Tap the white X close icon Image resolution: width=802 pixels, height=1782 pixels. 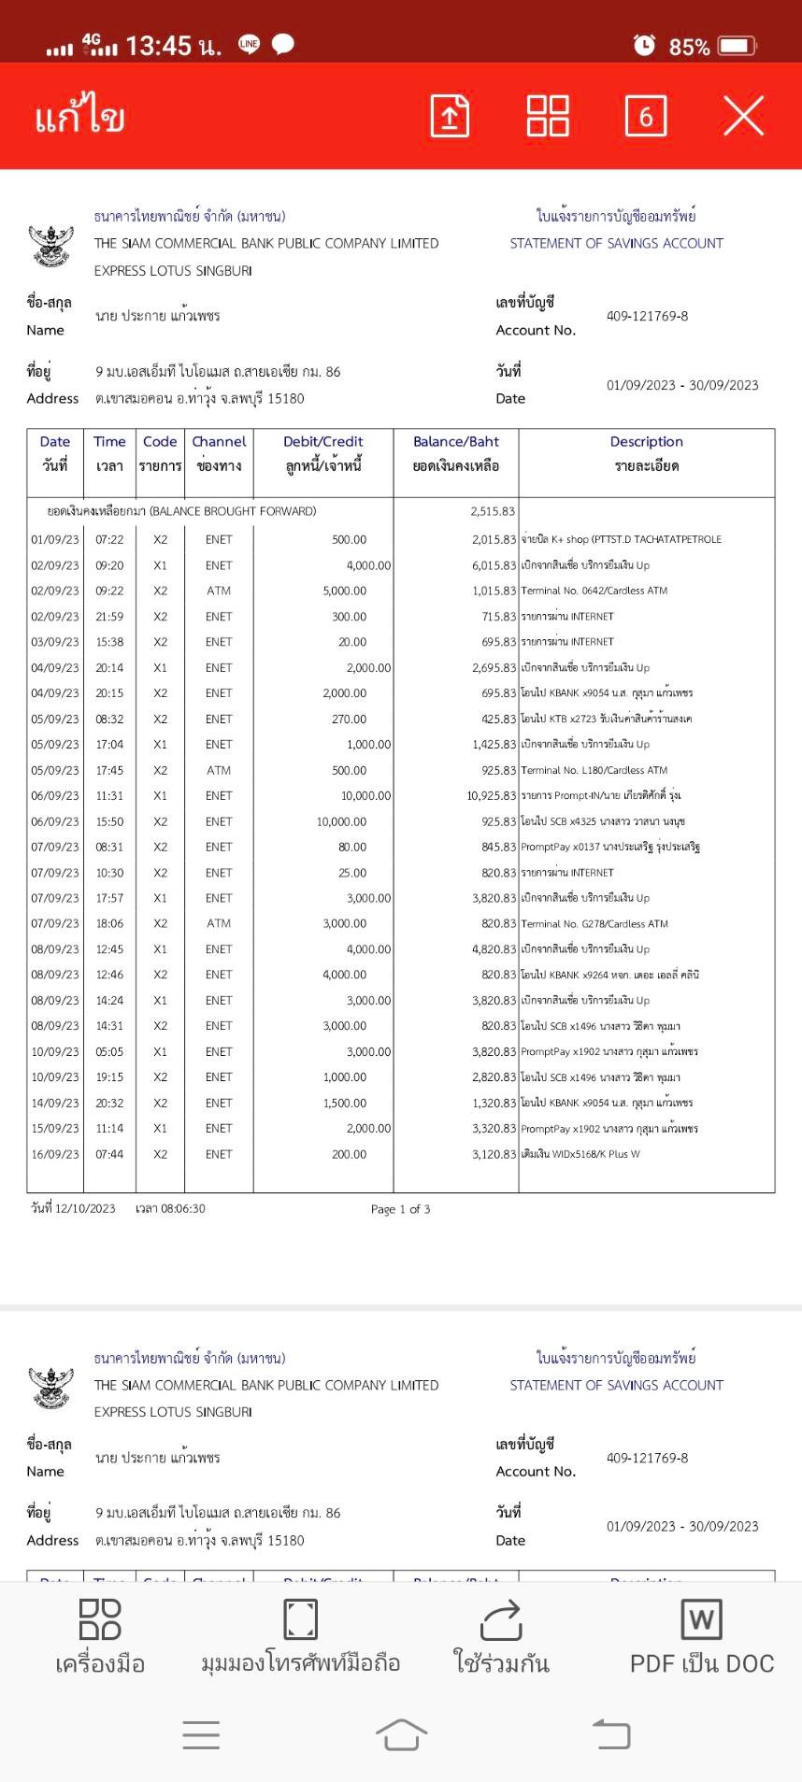743,116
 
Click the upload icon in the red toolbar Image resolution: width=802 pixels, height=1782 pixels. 450,116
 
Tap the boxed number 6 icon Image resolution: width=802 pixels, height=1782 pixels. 645,116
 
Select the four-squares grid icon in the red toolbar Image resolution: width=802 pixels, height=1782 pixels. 548,116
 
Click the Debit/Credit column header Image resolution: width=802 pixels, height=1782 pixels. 323,442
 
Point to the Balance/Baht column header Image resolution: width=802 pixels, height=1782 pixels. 456,442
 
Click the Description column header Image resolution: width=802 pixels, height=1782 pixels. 646,442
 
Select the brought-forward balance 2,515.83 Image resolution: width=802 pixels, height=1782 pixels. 493,511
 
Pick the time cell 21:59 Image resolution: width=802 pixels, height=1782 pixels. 109,617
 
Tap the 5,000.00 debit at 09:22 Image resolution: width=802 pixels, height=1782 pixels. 345,591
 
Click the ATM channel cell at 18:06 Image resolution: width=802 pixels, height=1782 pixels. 219,923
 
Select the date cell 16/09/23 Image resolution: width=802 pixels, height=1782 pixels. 55,1154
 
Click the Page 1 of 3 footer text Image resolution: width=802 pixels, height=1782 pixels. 400,1209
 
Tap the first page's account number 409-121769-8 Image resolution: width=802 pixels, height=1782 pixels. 647,316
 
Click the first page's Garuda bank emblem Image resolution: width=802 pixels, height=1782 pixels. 51,245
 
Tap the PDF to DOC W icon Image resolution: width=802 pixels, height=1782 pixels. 702,1619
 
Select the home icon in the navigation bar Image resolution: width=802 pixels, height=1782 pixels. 401,1735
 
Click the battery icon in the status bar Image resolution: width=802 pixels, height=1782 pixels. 737,46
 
